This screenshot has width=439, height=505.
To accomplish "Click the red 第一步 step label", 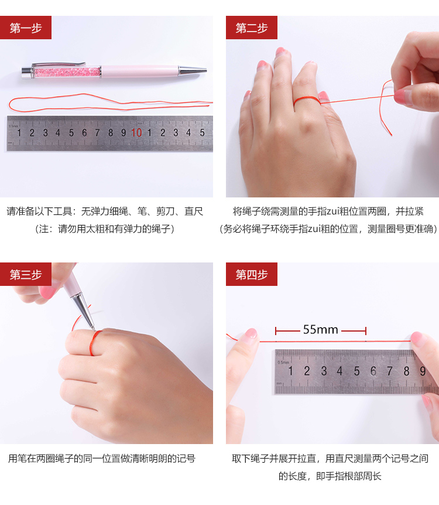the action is [x=25, y=28].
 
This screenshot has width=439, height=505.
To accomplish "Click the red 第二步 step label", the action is [x=251, y=28].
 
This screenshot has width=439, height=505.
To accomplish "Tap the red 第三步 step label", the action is [x=25, y=274].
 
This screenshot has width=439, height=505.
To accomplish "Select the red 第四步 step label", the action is [x=251, y=274].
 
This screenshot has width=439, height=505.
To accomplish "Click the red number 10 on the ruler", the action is [x=136, y=132].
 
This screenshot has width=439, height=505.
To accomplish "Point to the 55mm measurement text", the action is [x=321, y=329].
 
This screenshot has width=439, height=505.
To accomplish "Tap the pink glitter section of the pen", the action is [x=67, y=72].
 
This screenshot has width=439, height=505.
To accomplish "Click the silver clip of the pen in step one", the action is [x=59, y=64].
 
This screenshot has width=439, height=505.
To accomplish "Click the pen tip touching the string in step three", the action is [x=93, y=327].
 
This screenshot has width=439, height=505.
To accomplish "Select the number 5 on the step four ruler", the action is [x=356, y=371].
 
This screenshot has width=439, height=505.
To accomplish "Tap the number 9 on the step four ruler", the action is [x=423, y=371].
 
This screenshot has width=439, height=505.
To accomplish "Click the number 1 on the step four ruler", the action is [x=290, y=371].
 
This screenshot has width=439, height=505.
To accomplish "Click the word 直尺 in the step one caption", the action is [x=194, y=211].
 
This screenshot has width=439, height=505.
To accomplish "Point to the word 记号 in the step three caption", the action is [x=186, y=458].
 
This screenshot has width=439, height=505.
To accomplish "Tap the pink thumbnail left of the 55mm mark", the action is [x=251, y=334].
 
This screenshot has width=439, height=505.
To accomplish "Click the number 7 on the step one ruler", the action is [x=97, y=132].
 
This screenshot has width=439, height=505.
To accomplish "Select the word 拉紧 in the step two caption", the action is [x=414, y=211].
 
